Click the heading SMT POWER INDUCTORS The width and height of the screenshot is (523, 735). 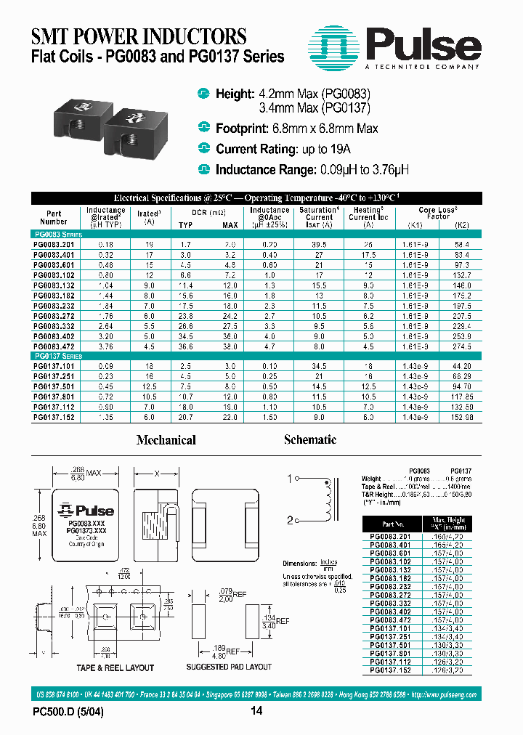(139, 36)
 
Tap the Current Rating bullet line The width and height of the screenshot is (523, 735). (283, 149)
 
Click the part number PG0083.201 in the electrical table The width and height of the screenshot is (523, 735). (54, 245)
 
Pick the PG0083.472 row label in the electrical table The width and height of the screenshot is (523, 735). (54, 346)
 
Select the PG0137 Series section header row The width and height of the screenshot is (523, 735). (59, 357)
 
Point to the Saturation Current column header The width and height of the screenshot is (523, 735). (319, 217)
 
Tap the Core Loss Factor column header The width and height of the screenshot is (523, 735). (438, 213)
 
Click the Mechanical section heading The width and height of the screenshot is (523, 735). (166, 440)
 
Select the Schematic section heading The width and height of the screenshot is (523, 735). (310, 439)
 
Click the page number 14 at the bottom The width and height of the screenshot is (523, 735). (256, 711)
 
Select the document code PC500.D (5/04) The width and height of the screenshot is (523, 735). (68, 712)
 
